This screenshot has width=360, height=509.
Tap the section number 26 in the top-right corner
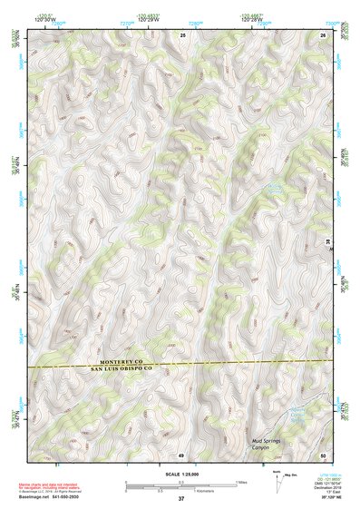point(323,34)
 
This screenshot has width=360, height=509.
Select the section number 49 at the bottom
point(181,455)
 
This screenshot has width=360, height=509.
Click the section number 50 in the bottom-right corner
point(323,455)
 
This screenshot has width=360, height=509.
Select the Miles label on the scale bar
point(240,482)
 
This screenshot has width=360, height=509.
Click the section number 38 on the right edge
point(327,240)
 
